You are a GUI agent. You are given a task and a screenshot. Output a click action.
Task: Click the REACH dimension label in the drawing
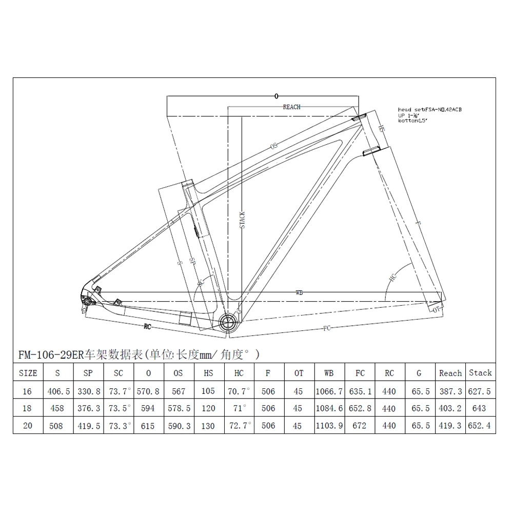(x=291, y=107)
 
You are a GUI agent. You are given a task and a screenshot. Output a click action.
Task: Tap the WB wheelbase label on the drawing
(x=299, y=292)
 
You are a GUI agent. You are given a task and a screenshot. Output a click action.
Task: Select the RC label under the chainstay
(x=147, y=325)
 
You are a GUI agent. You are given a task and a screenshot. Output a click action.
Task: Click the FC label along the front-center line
(x=326, y=328)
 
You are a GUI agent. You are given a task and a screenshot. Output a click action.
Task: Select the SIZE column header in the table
(x=28, y=373)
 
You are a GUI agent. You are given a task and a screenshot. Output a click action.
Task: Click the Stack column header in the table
(x=480, y=373)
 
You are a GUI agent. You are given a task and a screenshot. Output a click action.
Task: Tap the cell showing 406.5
(x=57, y=391)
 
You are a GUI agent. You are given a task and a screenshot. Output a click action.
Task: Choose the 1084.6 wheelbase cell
(x=329, y=409)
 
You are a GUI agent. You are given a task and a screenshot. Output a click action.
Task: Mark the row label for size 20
(x=28, y=426)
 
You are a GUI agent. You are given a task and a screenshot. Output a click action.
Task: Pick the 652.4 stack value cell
(x=480, y=426)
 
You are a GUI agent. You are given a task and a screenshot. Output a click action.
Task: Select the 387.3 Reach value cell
(x=450, y=391)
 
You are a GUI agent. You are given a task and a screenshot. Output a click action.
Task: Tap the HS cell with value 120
(x=208, y=409)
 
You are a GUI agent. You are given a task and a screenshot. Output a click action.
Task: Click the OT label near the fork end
(x=437, y=310)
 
